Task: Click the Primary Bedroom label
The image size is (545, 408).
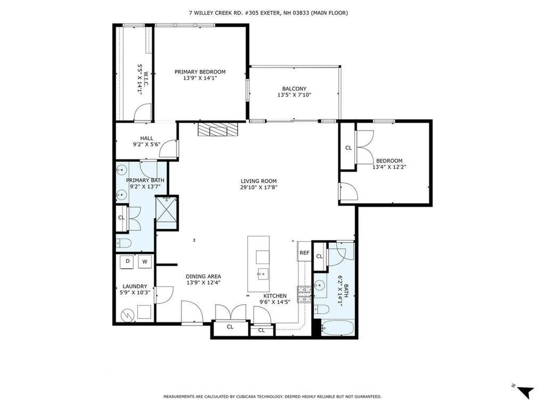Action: (x=200, y=72)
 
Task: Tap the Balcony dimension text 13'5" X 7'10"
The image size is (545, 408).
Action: (x=294, y=95)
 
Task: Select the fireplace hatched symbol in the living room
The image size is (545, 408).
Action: (x=218, y=129)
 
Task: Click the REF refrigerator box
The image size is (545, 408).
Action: (x=304, y=252)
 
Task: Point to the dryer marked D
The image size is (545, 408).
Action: (x=127, y=262)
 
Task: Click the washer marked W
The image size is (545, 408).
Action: (x=145, y=262)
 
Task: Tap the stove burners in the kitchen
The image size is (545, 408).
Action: (x=304, y=294)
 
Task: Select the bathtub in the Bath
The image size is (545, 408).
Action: (x=338, y=328)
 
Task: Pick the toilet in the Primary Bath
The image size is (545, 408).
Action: (x=124, y=243)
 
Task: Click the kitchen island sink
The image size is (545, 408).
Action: (x=263, y=274)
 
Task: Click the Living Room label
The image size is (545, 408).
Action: (x=258, y=181)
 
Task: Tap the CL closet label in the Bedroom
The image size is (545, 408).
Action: (x=348, y=148)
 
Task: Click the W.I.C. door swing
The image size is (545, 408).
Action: (x=143, y=113)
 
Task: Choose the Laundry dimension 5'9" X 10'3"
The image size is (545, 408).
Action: (x=135, y=292)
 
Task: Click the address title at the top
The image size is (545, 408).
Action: (x=268, y=13)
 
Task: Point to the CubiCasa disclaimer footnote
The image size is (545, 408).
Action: (x=272, y=397)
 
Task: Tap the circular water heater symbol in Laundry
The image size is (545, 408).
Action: (x=127, y=315)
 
